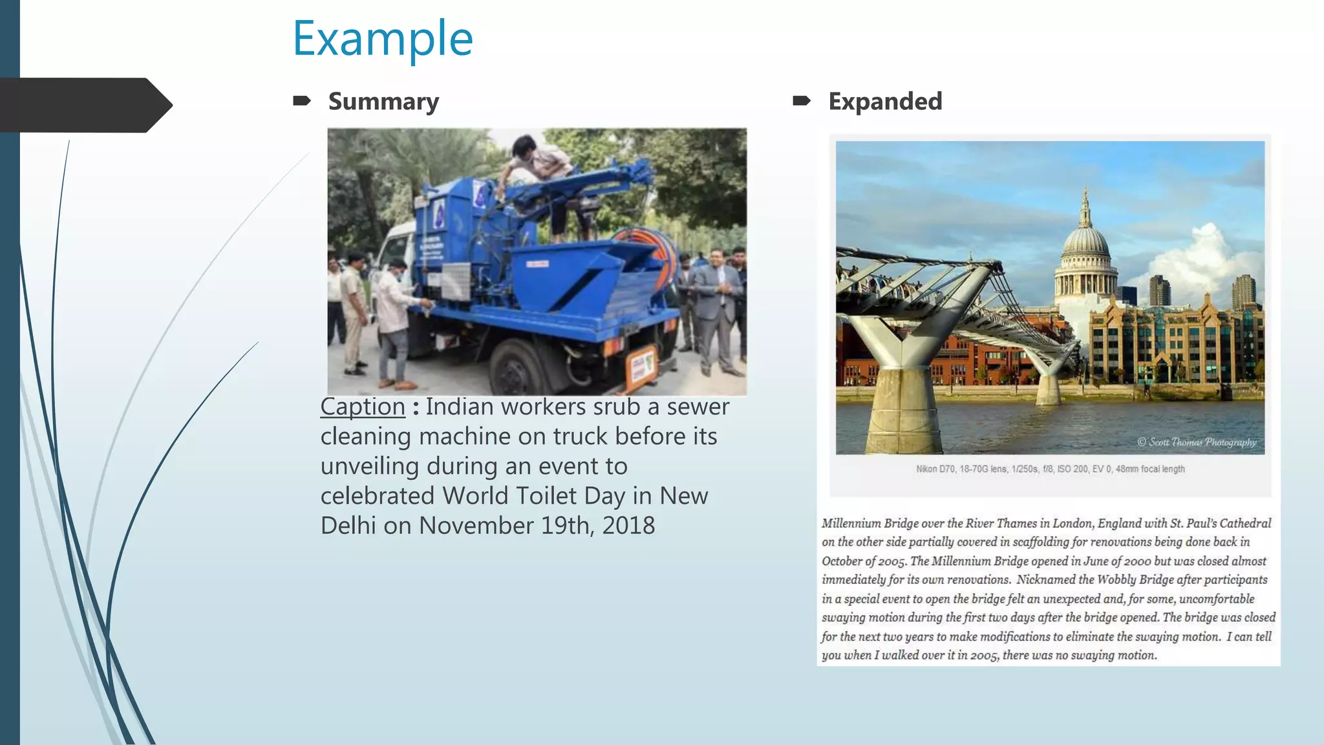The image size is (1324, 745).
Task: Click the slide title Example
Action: pos(383,39)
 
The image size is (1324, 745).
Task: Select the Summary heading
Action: pos(383,102)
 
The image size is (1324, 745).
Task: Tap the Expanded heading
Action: pos(885,101)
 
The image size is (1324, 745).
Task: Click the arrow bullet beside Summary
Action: pos(302,100)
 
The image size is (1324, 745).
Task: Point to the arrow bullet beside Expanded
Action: pos(802,100)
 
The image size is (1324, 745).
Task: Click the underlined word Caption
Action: pos(363,407)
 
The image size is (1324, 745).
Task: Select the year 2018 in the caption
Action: pos(628,525)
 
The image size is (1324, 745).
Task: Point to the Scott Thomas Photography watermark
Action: pos(1197,442)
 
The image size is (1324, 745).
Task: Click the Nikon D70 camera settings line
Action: pos(1050,469)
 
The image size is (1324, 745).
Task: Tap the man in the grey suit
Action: pos(716,310)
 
